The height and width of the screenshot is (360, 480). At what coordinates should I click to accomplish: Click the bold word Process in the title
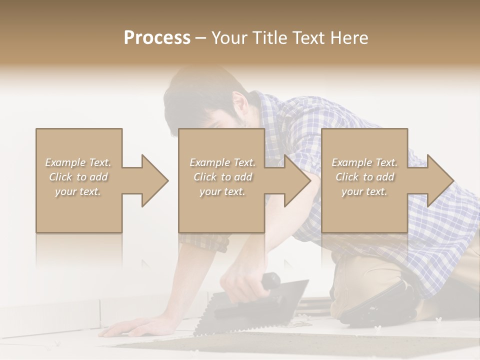[x=157, y=38]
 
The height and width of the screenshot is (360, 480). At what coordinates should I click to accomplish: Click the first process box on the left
[x=78, y=210]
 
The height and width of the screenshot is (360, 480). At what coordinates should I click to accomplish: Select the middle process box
[x=221, y=210]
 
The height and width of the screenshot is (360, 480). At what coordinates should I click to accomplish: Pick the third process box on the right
[x=364, y=210]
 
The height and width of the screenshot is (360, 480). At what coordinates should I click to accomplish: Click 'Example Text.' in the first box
[x=78, y=162]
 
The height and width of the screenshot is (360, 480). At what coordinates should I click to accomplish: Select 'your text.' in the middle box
[x=222, y=191]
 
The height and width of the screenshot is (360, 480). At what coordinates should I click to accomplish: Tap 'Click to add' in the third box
[x=364, y=177]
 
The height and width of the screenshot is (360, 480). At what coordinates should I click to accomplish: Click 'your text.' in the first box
[x=78, y=191]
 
